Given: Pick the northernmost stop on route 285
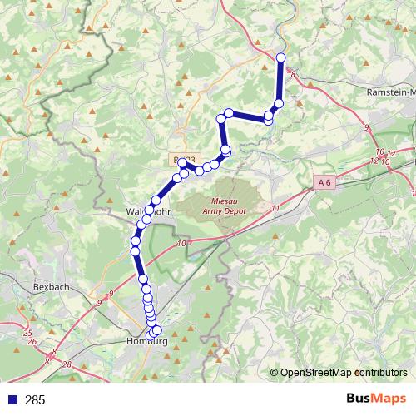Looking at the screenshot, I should pyautogui.click(x=280, y=57).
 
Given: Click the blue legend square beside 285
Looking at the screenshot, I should pyautogui.click(x=12, y=400).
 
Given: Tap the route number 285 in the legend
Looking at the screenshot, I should pyautogui.click(x=35, y=400).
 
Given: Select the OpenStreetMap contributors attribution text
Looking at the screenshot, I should pyautogui.click(x=344, y=372).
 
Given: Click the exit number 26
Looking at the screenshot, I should pyautogui.click(x=32, y=342).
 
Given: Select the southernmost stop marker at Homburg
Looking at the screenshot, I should pyautogui.click(x=153, y=333).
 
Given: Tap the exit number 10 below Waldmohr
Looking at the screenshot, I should pyautogui.click(x=182, y=244).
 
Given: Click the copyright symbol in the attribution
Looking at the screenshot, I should pyautogui.click(x=275, y=372).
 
